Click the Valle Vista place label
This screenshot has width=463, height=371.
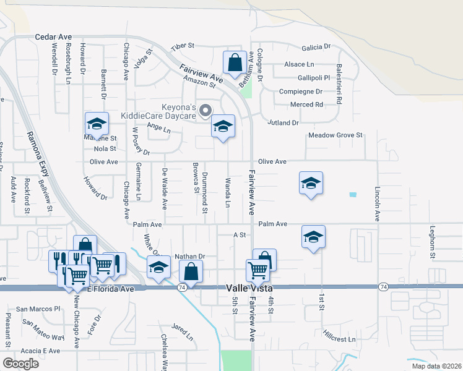244,288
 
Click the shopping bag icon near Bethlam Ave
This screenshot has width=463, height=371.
235,62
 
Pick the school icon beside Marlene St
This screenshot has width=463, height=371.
97,124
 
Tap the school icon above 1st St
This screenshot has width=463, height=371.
314,237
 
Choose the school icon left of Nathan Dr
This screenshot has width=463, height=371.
158,268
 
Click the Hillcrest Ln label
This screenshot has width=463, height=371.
339,339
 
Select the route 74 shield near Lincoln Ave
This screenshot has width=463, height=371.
383,287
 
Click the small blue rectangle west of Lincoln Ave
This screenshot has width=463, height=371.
353,195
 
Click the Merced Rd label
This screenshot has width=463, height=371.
306,104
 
